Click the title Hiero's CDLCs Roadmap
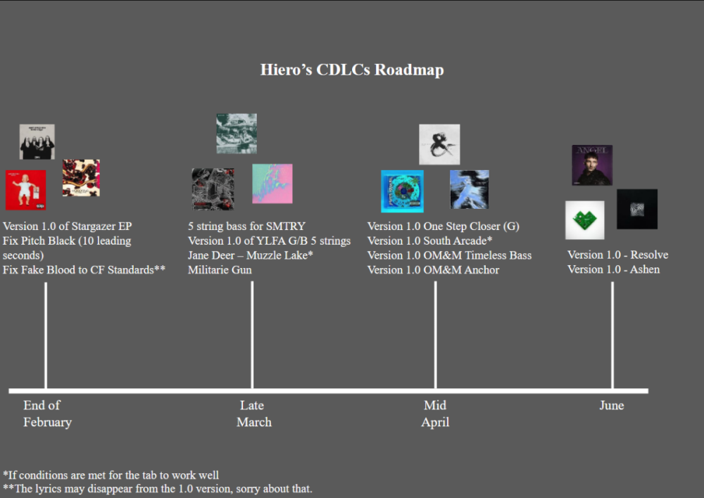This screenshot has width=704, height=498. (352, 70)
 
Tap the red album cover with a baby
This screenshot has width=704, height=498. (25, 190)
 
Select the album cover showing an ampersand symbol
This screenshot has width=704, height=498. (439, 144)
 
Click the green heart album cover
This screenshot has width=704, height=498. (584, 219)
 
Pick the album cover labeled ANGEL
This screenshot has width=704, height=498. (591, 165)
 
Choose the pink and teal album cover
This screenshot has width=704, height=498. (272, 183)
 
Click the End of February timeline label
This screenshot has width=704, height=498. (46, 414)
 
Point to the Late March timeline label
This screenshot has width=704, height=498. (253, 414)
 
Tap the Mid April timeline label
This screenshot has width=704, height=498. (435, 414)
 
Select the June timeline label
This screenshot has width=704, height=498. (611, 405)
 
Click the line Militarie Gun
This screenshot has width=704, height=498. (220, 270)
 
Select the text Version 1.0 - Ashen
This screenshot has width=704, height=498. (613, 269)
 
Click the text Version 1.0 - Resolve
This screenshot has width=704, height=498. (617, 255)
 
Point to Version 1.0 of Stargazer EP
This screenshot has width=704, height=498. (67, 226)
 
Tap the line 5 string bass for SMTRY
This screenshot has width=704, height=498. (246, 226)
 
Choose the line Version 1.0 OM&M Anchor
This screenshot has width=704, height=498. (433, 270)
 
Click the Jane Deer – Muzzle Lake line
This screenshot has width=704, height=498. (250, 255)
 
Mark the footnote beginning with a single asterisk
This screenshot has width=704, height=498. (111, 475)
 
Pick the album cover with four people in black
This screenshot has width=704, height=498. (37, 141)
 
